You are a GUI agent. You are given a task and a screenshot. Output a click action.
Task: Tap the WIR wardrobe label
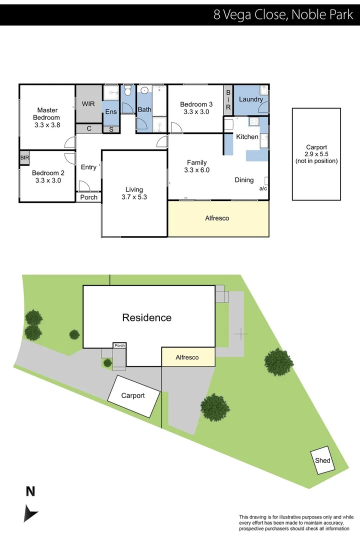88,104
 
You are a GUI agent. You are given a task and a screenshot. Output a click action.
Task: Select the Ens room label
110,112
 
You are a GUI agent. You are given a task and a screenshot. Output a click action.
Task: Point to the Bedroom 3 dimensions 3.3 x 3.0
196,112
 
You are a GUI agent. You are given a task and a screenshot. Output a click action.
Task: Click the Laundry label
250,99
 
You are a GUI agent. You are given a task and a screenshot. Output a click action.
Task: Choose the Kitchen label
247,136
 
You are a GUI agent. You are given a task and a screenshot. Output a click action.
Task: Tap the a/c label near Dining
263,189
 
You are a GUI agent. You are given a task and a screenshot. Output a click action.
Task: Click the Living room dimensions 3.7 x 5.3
134,197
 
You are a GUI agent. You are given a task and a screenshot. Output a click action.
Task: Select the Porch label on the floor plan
89,197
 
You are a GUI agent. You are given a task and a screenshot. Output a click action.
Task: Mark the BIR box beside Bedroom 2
24,157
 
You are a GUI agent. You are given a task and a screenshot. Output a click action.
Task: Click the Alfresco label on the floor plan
217,218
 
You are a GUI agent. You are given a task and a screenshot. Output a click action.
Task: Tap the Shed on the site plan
322,460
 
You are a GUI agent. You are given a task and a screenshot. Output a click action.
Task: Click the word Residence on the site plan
147,317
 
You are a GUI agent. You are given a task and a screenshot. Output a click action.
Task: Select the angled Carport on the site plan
133,395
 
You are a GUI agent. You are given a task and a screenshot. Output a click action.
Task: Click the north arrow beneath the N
30,513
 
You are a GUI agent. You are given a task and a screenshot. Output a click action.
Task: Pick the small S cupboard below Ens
110,129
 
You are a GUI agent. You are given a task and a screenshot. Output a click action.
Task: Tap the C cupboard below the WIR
89,128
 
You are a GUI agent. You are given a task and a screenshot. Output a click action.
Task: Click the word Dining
244,180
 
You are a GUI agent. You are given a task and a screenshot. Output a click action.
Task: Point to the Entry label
88,167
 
